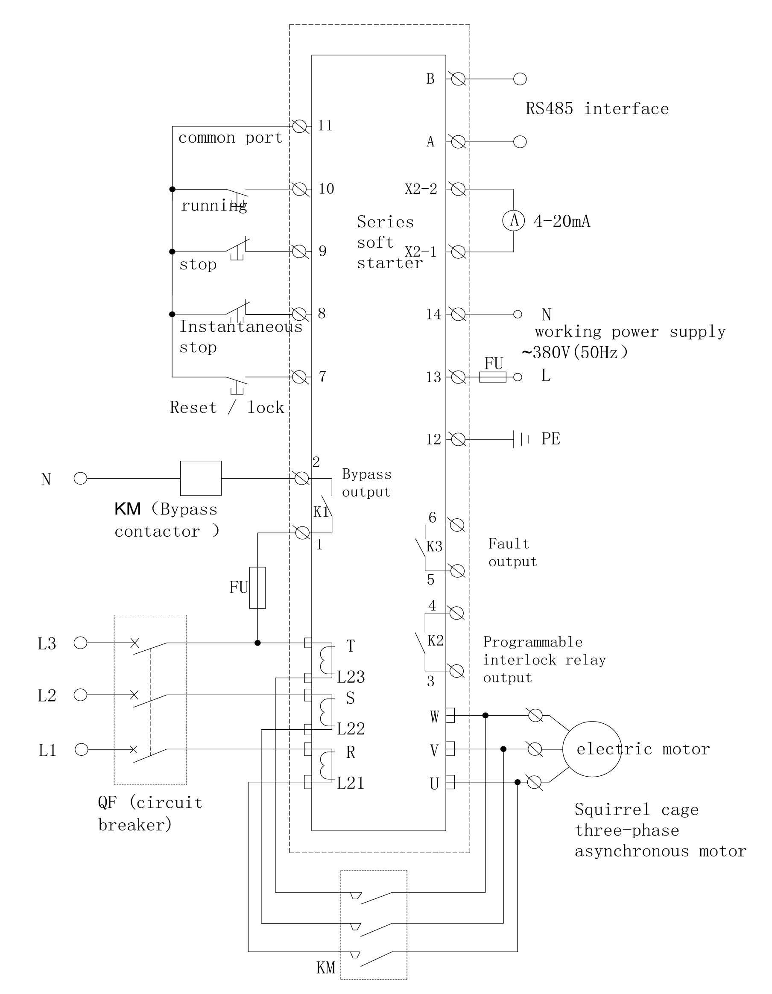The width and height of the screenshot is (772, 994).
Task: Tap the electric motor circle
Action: [x=592, y=748]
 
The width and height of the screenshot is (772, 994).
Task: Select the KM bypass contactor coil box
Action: [x=201, y=478]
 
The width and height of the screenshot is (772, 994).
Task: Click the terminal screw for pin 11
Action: [x=299, y=126]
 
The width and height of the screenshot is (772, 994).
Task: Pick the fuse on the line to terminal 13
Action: [x=492, y=377]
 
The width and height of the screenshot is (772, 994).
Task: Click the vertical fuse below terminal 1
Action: [x=257, y=588]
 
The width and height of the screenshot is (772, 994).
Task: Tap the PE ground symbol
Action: [x=521, y=439]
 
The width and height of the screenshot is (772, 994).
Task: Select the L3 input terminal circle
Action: [x=81, y=643]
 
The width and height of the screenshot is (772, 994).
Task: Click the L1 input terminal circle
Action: [x=81, y=749]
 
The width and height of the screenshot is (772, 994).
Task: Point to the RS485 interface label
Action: [x=597, y=109]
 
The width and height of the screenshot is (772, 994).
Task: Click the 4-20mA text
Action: [x=561, y=222]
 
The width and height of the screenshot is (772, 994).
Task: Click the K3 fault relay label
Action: [x=434, y=546]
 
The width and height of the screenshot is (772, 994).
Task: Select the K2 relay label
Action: [x=435, y=641]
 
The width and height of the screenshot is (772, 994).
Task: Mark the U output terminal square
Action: [x=450, y=782]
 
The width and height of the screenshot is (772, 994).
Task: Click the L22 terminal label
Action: [x=351, y=729]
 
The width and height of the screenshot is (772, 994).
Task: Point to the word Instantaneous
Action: [x=241, y=327]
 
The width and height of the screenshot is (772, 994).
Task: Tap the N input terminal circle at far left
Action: [x=81, y=478]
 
